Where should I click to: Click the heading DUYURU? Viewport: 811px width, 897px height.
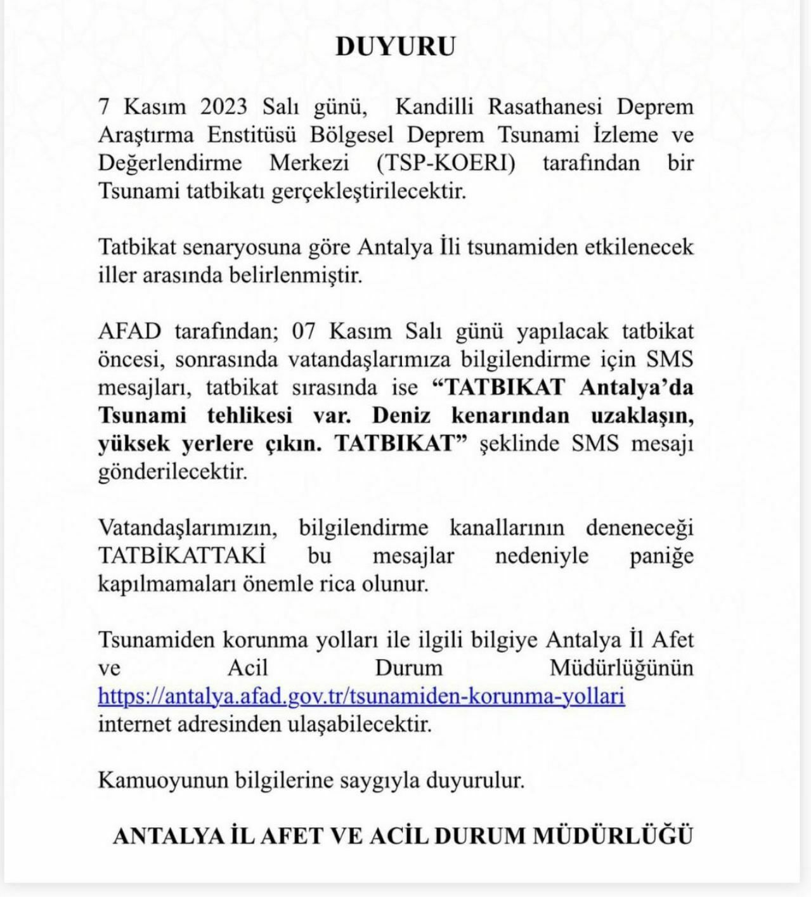pos(395,47)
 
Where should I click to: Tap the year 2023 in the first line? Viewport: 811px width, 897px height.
pos(224,106)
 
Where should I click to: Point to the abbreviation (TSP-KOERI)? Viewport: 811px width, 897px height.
pos(446,163)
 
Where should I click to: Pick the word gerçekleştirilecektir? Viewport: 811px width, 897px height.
pos(369,191)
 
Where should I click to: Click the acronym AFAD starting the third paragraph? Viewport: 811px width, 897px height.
pos(129,332)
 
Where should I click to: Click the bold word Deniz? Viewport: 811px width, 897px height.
pos(401,415)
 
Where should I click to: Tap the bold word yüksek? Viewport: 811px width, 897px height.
pos(134,444)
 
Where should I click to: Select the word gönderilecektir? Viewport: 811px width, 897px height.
pos(172,472)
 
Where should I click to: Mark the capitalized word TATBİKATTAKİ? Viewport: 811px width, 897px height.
pos(181,556)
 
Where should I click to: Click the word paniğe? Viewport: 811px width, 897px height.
pos(661,556)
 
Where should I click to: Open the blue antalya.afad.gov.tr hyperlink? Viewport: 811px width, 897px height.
pos(361,696)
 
